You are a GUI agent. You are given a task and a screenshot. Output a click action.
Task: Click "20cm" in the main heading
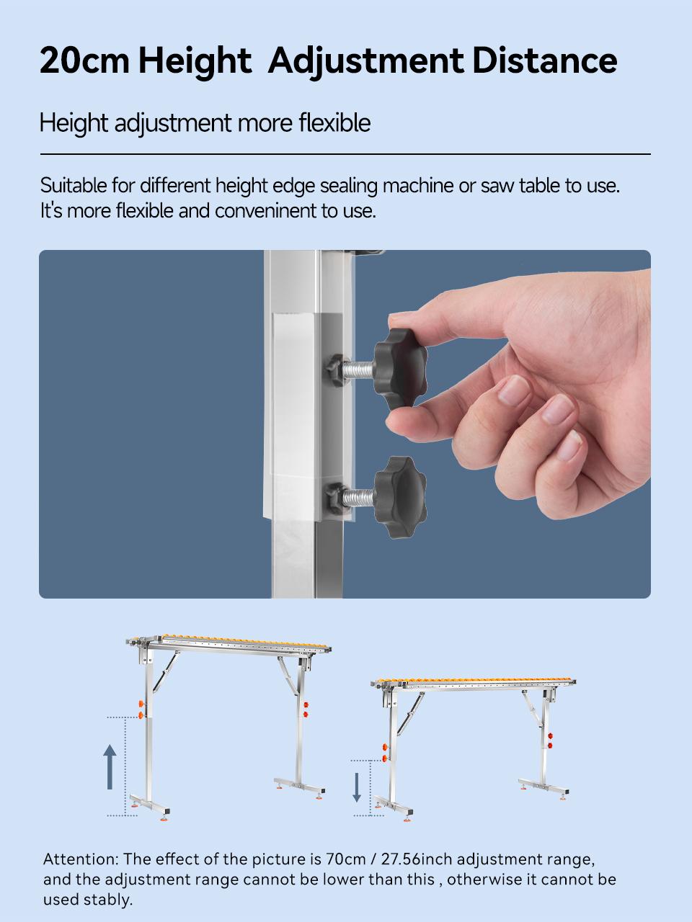(85, 61)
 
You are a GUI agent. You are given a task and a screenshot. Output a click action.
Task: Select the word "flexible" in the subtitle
(334, 123)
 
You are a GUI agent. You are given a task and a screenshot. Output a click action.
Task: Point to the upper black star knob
(400, 369)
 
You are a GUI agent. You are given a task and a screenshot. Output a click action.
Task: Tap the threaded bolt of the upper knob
(358, 370)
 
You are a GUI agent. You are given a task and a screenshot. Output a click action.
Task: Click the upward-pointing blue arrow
(110, 766)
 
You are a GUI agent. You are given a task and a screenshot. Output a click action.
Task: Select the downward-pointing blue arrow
(357, 787)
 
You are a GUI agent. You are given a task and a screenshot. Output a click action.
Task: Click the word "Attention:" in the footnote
(81, 859)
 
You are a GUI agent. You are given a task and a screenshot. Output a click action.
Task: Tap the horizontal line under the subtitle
(345, 154)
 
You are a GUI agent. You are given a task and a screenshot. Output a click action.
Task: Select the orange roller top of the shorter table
(476, 681)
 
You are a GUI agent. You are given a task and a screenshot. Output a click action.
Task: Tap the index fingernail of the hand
(513, 393)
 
